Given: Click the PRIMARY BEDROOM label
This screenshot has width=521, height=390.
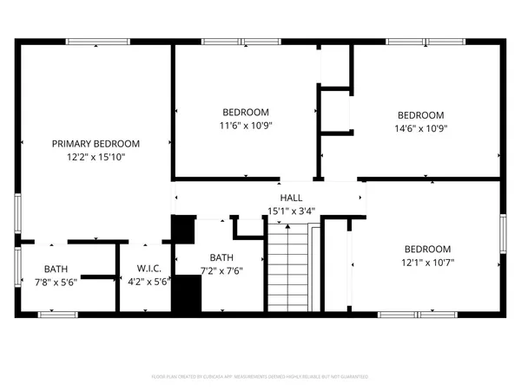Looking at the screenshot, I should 96,143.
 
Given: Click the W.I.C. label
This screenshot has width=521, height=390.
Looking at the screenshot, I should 147,268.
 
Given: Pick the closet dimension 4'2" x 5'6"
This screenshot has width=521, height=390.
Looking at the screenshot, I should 147,281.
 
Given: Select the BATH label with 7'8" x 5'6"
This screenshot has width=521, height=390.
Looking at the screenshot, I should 56,268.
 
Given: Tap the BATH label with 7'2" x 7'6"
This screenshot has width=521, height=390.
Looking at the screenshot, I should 221,257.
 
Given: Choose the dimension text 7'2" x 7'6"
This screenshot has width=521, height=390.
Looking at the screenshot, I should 221,270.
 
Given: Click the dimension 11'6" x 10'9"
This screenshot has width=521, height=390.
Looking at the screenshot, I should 246,125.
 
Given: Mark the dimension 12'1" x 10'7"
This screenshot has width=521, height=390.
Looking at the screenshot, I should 427,261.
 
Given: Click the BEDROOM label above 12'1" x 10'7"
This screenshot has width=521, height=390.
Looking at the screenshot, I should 427,248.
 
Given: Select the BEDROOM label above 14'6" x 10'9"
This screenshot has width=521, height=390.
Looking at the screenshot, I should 420,115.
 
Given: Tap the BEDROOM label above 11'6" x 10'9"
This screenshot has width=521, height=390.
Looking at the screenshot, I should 246,112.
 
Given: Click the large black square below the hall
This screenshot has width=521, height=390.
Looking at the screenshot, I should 183,231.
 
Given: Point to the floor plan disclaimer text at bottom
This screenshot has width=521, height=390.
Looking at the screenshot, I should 260,377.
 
